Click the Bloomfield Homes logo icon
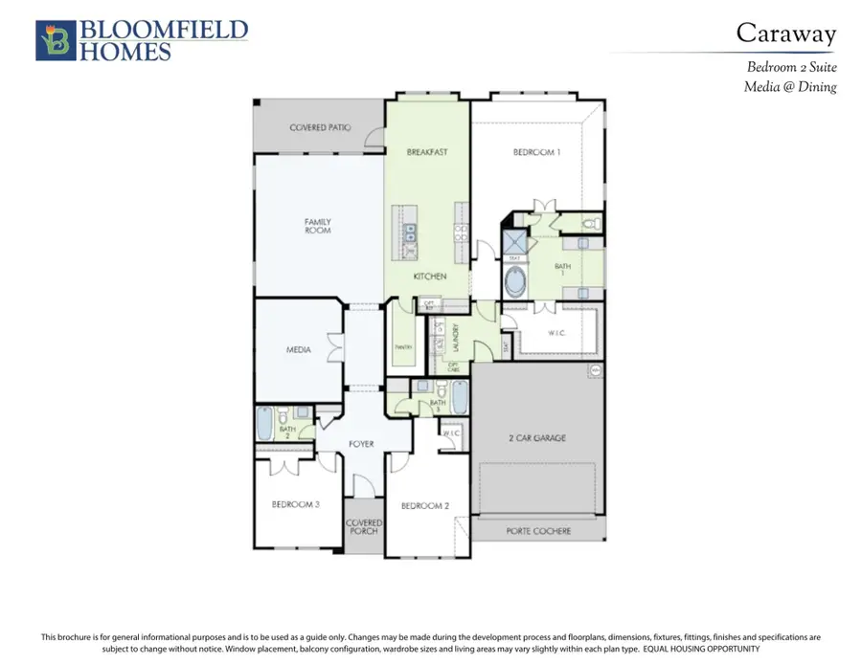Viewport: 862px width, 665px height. (54, 41)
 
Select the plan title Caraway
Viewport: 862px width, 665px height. (785, 33)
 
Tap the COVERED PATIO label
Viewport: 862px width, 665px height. (320, 127)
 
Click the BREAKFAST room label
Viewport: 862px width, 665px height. (427, 152)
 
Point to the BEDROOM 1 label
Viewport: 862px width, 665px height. (536, 152)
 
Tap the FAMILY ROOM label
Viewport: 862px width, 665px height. (318, 226)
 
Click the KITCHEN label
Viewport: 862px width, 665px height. (430, 277)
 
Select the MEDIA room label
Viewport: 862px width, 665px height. (299, 350)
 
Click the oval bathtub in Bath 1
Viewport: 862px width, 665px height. (516, 282)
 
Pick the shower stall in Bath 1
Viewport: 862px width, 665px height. (516, 239)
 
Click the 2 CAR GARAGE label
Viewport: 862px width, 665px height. (536, 437)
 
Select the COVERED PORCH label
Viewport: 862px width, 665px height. (364, 528)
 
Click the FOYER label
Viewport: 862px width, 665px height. (361, 444)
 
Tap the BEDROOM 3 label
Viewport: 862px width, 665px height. (295, 504)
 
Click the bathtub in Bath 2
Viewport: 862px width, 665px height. (264, 422)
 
